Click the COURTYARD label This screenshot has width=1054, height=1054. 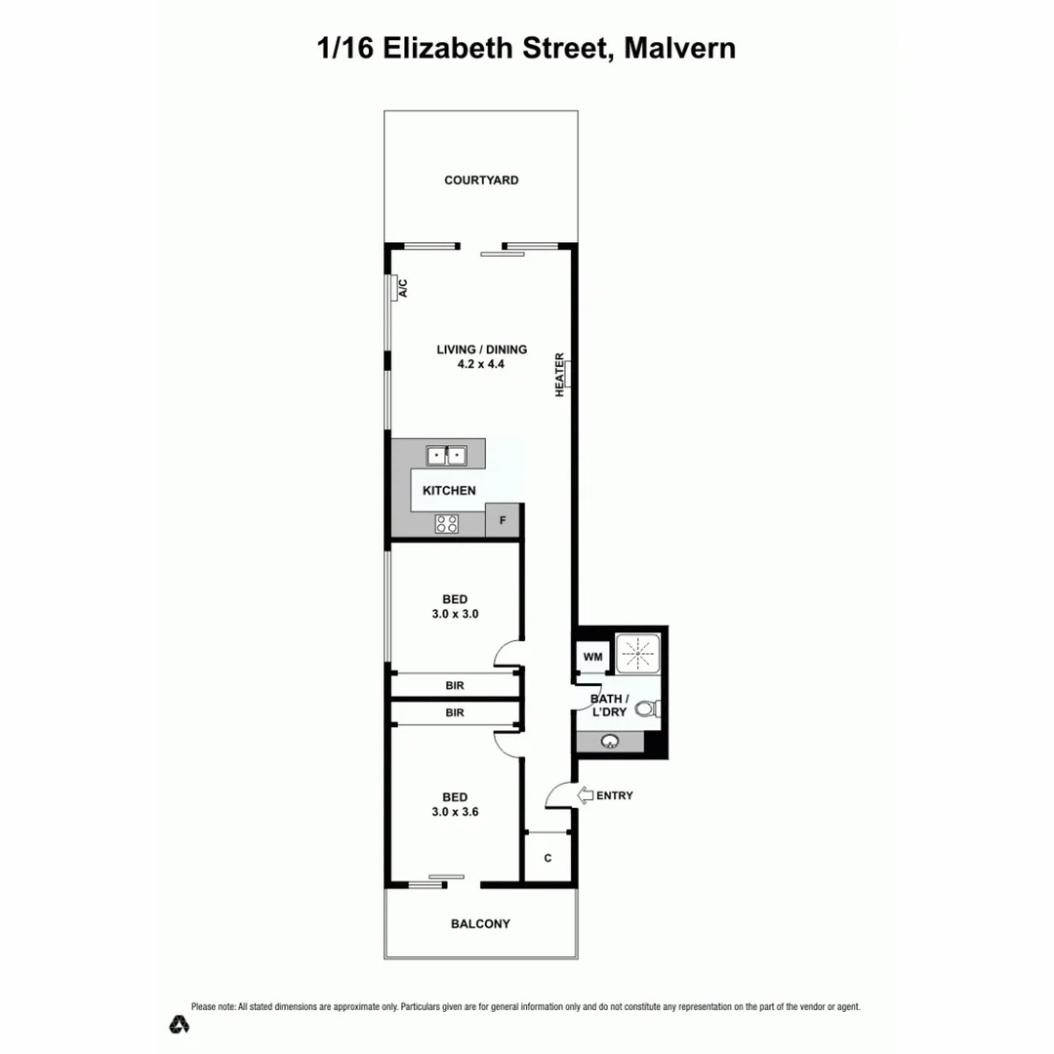pos(481,181)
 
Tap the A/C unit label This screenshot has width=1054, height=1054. pos(402,288)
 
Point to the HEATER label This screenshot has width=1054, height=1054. pos(560,374)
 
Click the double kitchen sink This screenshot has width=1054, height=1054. pos(446,455)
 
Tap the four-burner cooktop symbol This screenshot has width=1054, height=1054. pos(447,523)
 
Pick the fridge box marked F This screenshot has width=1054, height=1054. pos(503,521)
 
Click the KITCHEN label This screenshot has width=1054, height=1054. pos(449,491)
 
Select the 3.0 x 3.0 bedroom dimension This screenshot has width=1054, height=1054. pos(454,615)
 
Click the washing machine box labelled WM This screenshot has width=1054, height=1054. pos(592,657)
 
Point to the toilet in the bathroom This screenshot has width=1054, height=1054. pos(654,710)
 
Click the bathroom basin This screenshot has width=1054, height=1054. pos(611,742)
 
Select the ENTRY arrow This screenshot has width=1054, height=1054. pos(587,795)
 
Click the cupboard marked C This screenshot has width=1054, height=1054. pos(547,858)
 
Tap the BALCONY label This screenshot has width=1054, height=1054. pos(480,924)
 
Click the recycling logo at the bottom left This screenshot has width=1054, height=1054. pos(180,1024)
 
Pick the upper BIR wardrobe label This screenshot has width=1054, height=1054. pos(455,686)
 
